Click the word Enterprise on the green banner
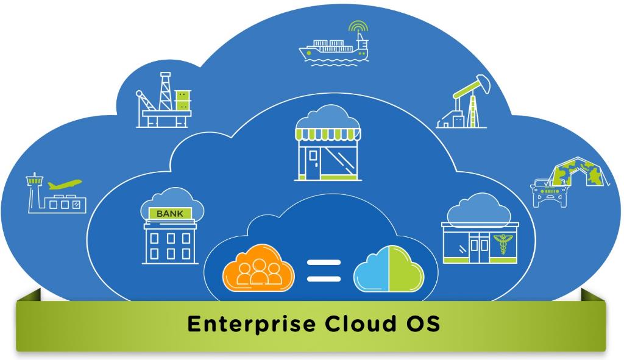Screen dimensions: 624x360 pos(251,324)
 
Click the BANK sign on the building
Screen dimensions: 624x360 pos(170,214)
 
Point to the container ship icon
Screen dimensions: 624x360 pos(334,50)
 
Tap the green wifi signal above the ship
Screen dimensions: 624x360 pos(358,26)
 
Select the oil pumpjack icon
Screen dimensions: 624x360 pos(463,102)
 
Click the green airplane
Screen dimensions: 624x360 pos(65,184)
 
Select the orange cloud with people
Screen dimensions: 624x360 pos(258,267)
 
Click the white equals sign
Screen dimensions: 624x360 pos(324,270)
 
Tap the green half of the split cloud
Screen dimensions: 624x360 pos(406,269)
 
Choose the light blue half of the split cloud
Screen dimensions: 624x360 pos(371,271)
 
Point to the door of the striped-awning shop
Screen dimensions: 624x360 pos(313,163)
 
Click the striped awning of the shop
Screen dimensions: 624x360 pos(328,134)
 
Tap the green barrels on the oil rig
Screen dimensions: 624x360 pos(183,100)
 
